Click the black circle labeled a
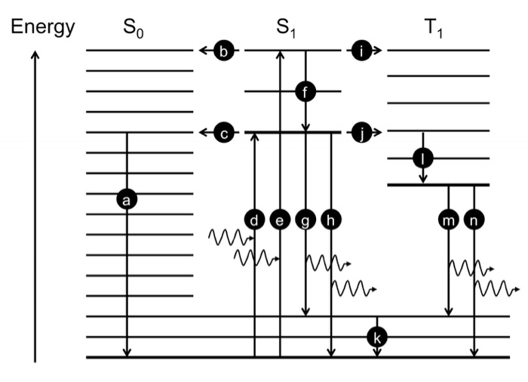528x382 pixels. point(127,199)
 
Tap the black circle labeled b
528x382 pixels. point(224,51)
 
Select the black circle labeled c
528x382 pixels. point(224,134)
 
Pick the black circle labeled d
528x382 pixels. point(255,219)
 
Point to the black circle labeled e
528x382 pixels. point(280,219)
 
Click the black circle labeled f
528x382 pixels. point(305,92)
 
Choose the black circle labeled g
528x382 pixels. point(305,219)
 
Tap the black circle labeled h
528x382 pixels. point(331,219)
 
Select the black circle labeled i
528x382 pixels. point(362,51)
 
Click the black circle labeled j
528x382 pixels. point(362,134)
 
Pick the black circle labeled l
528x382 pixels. point(423,159)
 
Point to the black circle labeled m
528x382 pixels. point(449,219)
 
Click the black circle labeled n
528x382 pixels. point(474,219)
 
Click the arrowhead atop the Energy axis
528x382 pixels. point(35,55)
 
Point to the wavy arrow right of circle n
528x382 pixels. point(498,288)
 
